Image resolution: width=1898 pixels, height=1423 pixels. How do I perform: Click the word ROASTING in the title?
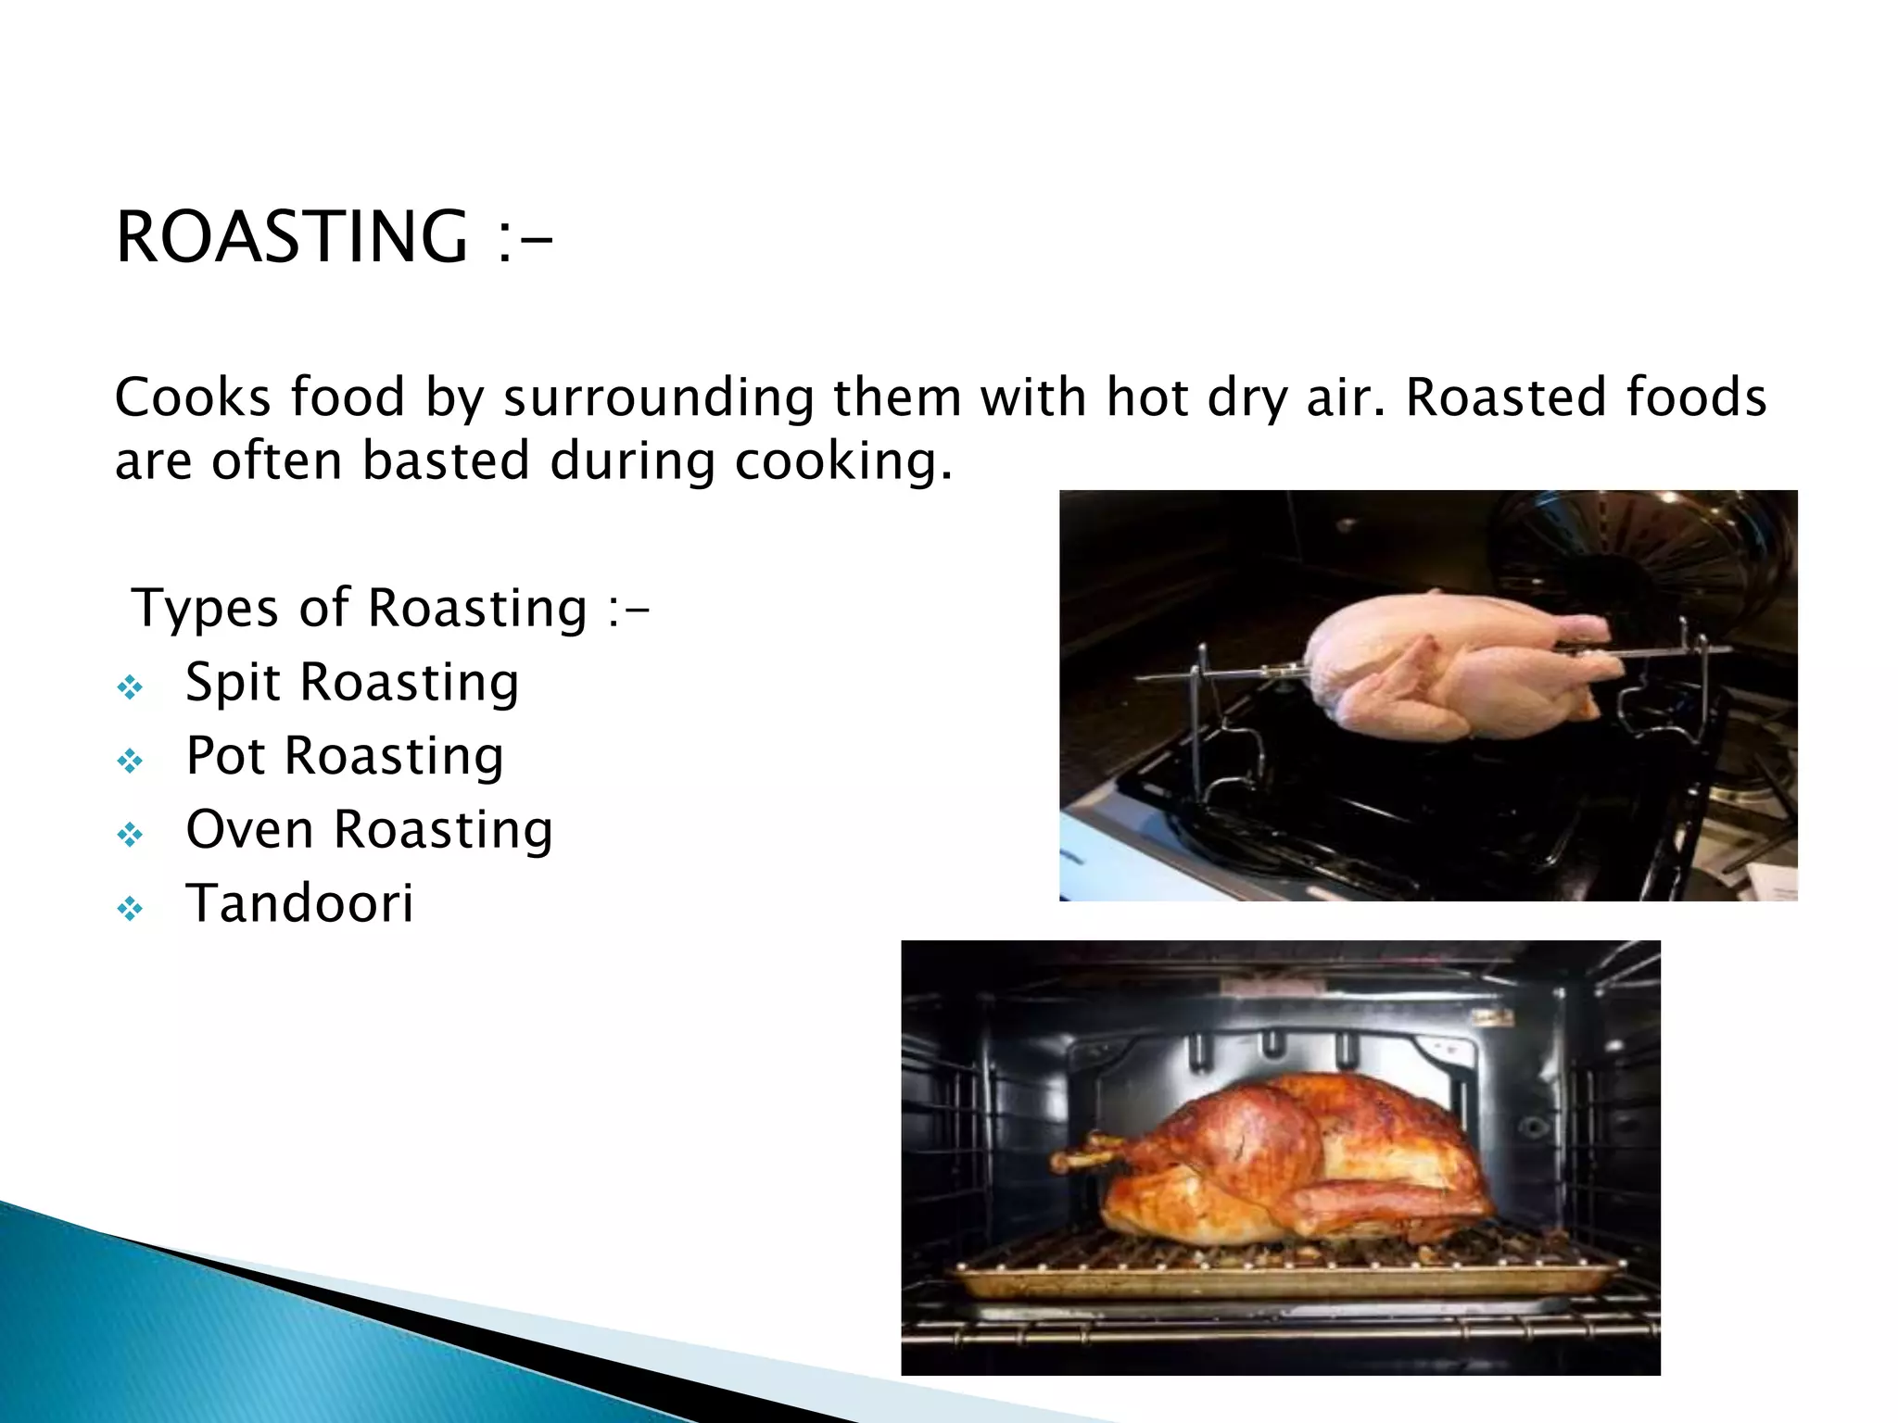pyautogui.click(x=291, y=237)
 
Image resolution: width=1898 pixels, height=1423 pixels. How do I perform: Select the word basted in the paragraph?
pyautogui.click(x=446, y=460)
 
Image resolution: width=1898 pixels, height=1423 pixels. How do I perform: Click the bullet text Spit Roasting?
pyautogui.click(x=352, y=683)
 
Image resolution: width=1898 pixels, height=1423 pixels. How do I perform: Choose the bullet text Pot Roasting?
pyautogui.click(x=345, y=756)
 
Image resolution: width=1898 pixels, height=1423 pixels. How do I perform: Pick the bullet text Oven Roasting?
pyautogui.click(x=369, y=829)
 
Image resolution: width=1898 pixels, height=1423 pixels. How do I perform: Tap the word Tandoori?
pyautogui.click(x=299, y=903)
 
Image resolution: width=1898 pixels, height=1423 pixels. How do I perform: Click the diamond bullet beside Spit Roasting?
pyautogui.click(x=130, y=687)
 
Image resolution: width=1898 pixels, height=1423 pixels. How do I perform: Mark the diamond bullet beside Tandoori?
pyautogui.click(x=130, y=909)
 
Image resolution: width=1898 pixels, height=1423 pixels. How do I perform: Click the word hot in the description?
pyautogui.click(x=1146, y=398)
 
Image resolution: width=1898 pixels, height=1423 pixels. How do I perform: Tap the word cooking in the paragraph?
pyautogui.click(x=843, y=462)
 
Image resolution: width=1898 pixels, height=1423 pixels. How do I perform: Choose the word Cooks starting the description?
pyautogui.click(x=194, y=398)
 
